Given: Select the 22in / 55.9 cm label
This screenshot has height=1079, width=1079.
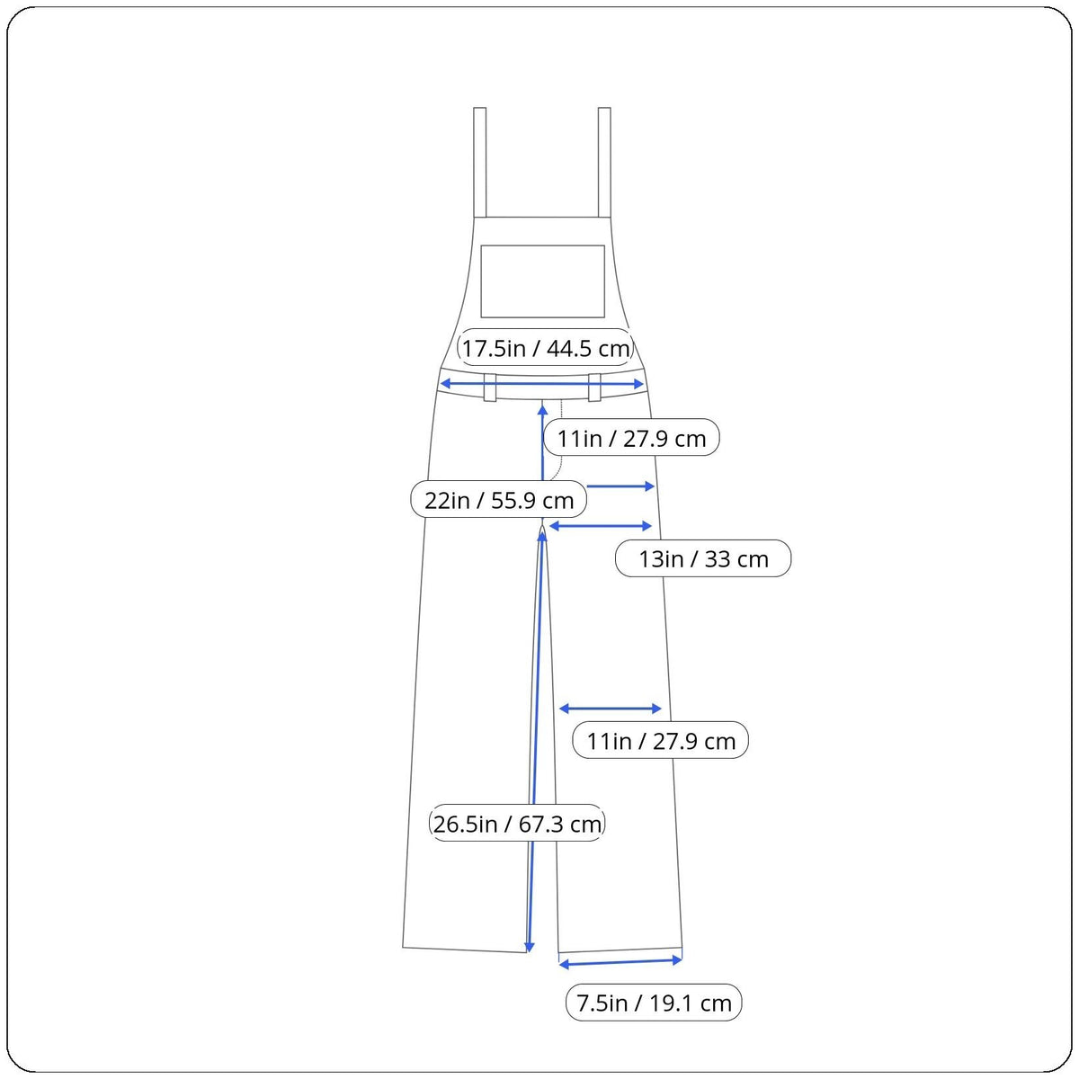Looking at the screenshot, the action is tap(498, 500).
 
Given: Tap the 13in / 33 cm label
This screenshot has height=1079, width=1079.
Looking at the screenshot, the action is tap(703, 558).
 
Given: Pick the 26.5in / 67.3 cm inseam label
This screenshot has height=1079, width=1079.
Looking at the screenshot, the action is tap(517, 824).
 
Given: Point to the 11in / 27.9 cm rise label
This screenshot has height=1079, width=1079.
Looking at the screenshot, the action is tap(631, 437).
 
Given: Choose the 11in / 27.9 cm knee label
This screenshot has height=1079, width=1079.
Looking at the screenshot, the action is tap(661, 741).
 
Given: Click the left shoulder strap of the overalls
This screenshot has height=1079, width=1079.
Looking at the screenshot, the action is tap(480, 163).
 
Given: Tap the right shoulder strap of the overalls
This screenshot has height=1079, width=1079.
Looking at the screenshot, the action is tap(604, 163).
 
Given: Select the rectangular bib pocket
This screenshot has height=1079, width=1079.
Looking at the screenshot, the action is tap(542, 281).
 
